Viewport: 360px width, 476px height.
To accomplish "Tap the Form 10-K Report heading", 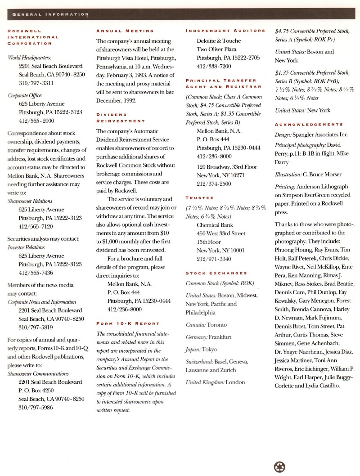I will click(x=127, y=323).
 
